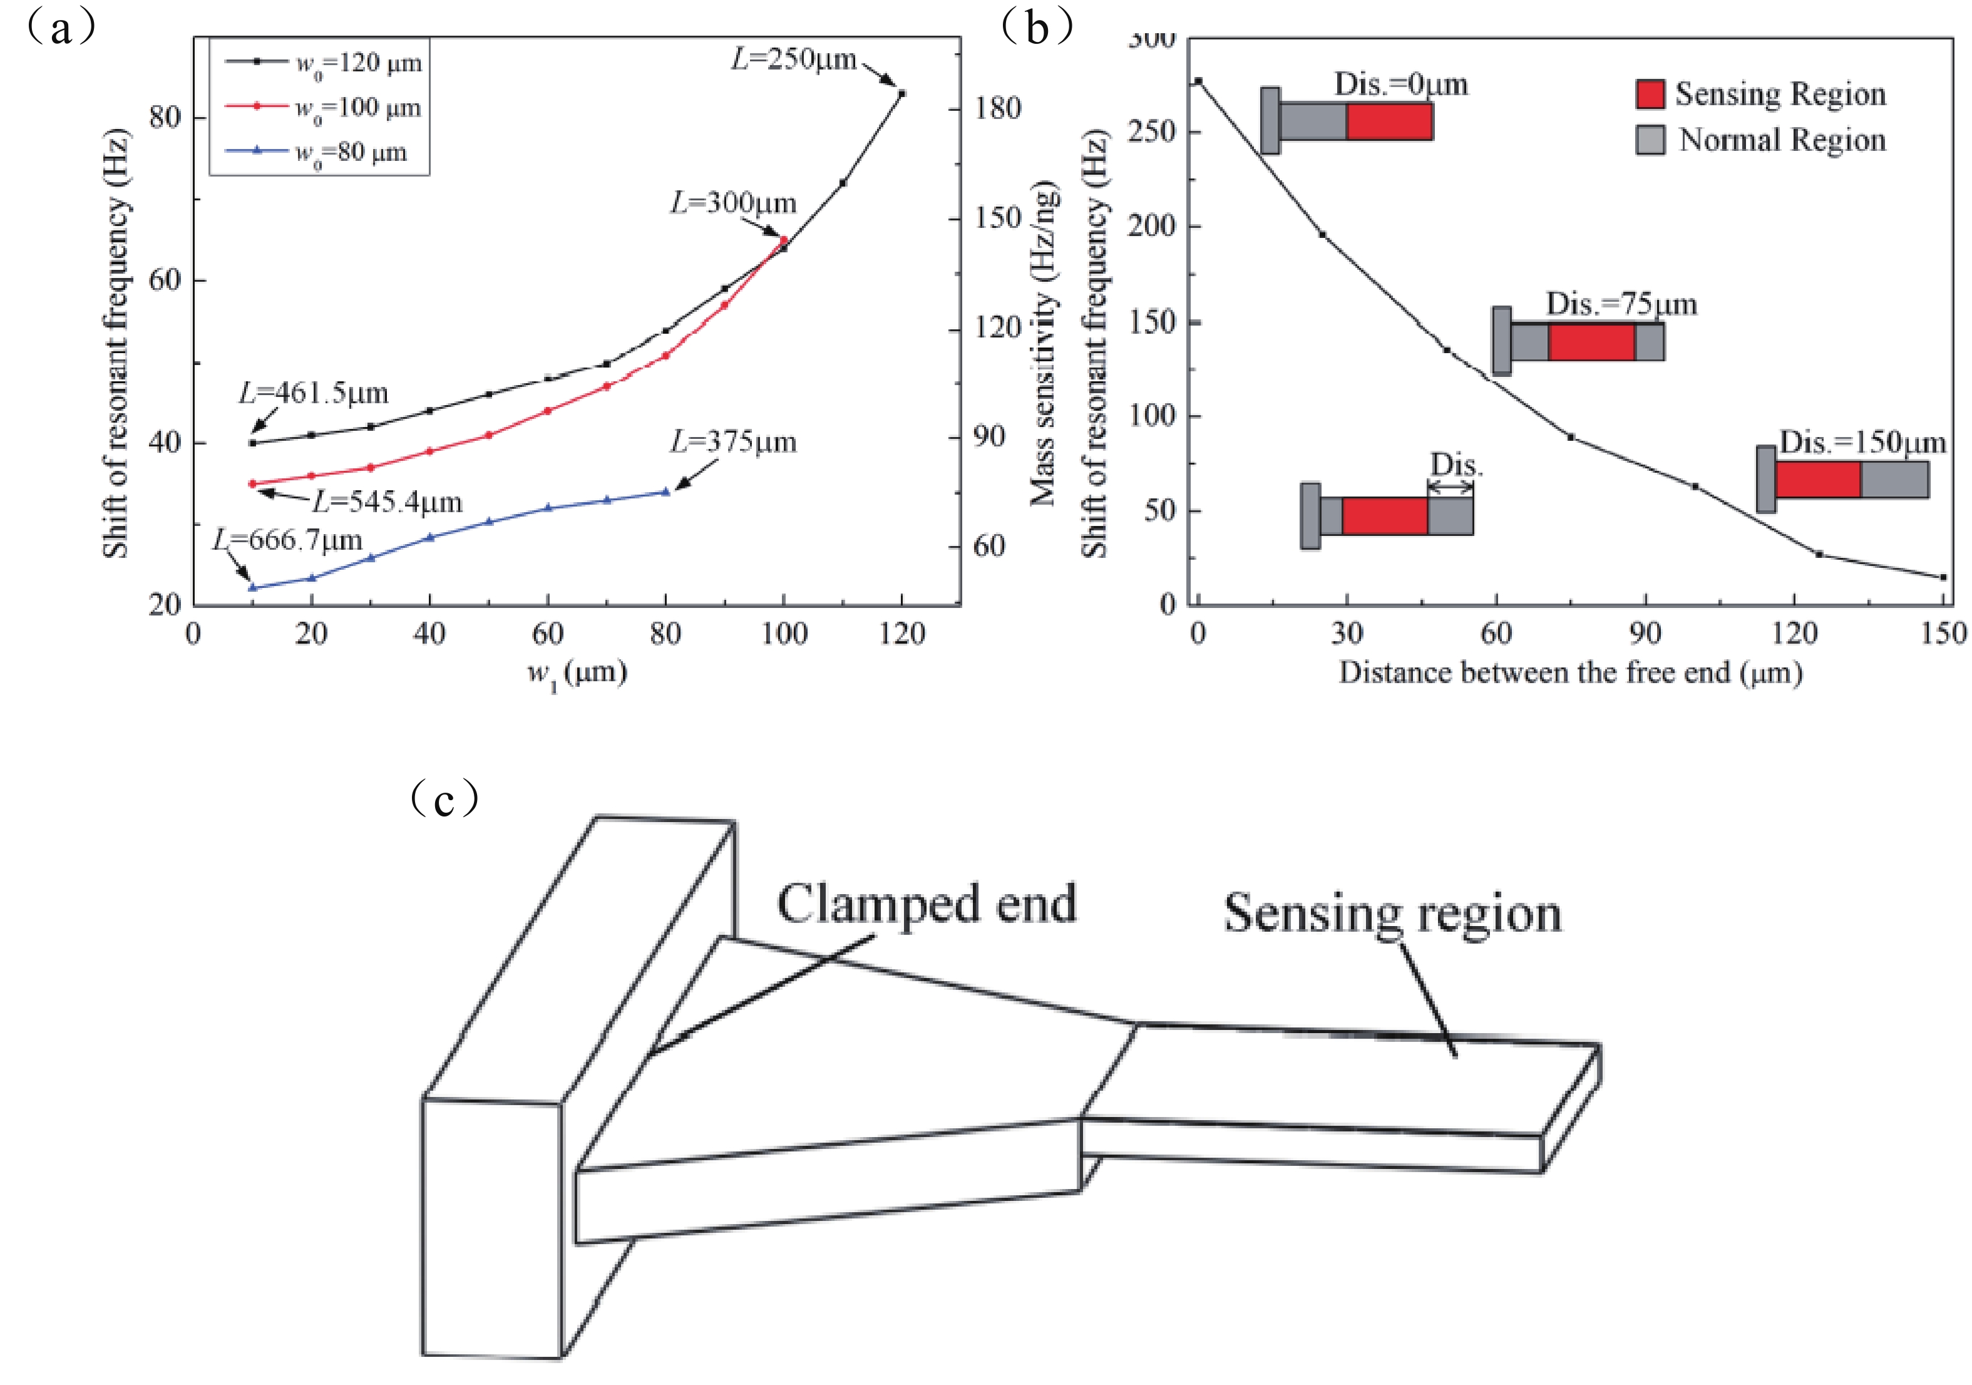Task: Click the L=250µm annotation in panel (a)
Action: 794,59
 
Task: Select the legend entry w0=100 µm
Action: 357,108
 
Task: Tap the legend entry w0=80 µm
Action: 351,152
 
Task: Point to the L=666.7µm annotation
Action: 288,540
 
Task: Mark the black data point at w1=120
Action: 901,93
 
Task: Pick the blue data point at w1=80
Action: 665,492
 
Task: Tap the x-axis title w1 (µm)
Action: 577,672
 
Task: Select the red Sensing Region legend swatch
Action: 1650,95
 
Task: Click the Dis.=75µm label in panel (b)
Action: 1621,304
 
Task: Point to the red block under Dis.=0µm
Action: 1389,121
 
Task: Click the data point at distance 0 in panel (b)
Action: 1198,81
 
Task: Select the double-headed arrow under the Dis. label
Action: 1451,487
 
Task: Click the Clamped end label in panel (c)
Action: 926,904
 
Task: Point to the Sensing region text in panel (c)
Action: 1392,914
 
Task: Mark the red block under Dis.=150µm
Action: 1817,480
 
